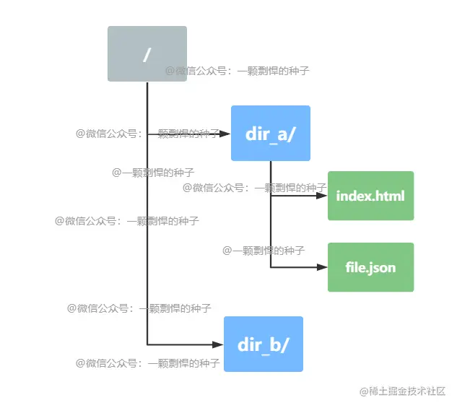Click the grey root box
[147, 53]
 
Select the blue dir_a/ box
[271, 133]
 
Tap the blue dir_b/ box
[264, 344]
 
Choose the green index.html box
[370, 196]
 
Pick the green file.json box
[370, 267]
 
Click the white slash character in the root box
[147, 54]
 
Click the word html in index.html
[391, 196]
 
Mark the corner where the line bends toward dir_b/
[147, 344]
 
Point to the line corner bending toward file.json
[271, 267]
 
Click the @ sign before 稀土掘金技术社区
[364, 391]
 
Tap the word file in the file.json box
[356, 267]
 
